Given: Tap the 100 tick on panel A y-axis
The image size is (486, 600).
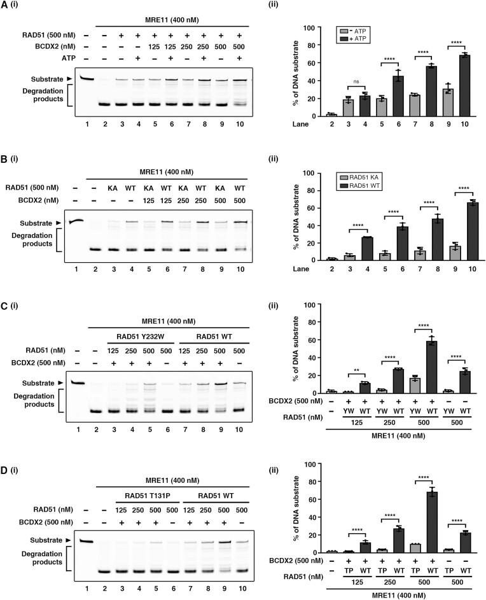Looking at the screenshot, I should tap(305, 29).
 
